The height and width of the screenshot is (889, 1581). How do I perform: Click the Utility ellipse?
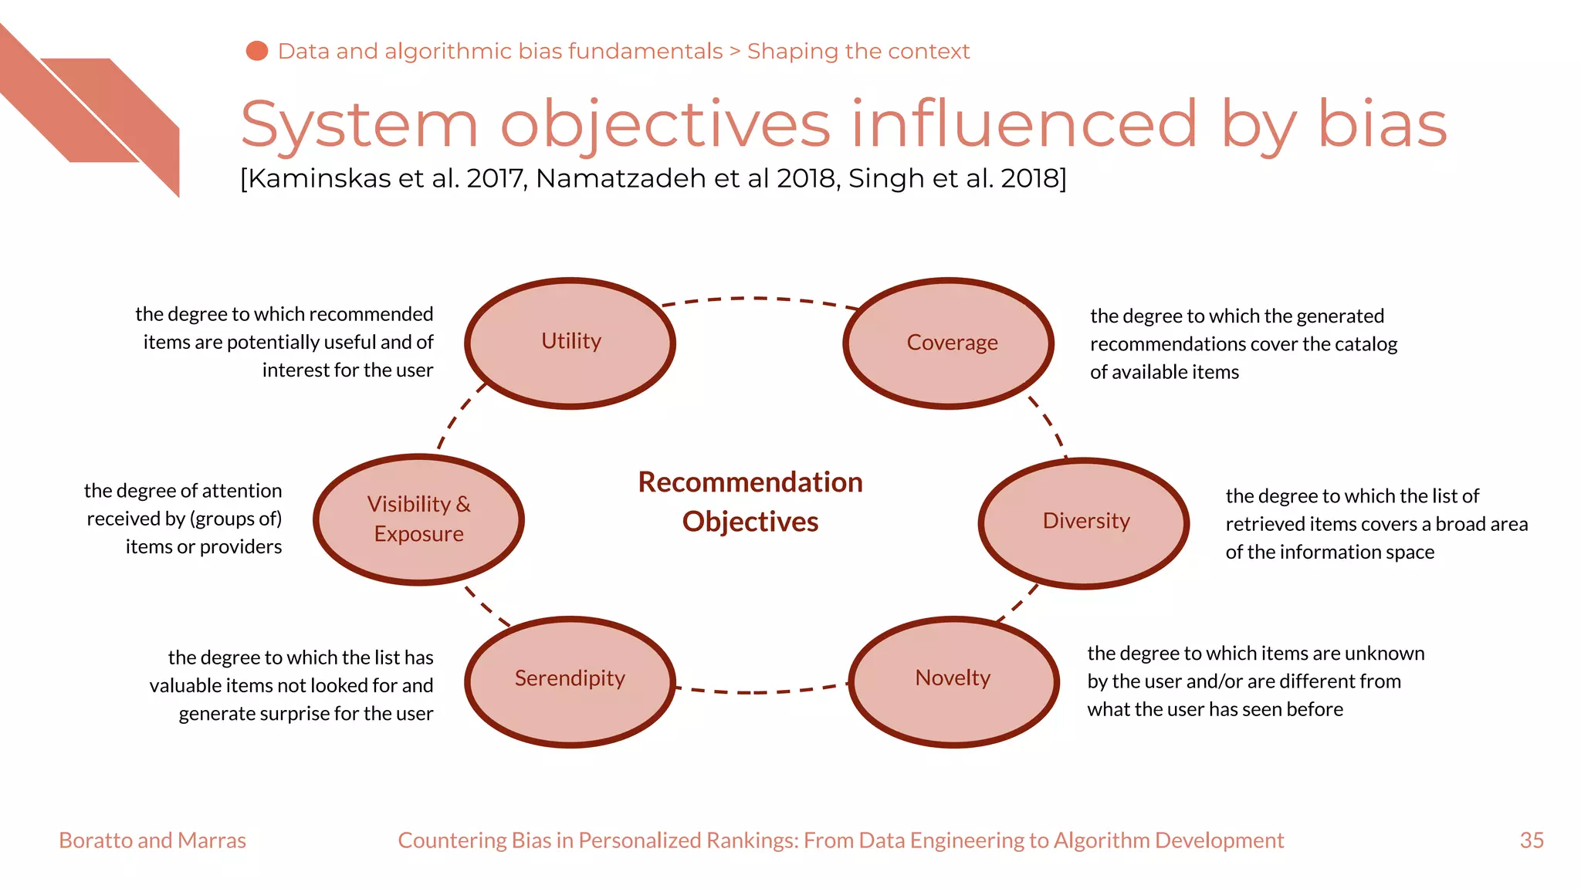[x=570, y=343]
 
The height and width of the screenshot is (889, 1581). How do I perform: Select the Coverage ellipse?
[x=949, y=343]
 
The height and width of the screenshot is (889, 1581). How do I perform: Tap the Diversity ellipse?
[x=1084, y=522]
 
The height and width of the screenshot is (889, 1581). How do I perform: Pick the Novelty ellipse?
[x=953, y=681]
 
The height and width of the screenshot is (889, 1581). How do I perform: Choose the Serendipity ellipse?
[x=570, y=681]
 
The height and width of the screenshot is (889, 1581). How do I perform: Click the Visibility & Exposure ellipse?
[x=418, y=519]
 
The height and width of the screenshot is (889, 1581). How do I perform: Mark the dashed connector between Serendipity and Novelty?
[x=760, y=691]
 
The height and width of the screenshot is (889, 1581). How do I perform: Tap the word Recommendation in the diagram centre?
[x=750, y=482]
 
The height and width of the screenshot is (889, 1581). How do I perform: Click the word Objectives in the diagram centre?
[x=750, y=522]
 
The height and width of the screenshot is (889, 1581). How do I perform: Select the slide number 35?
[x=1532, y=840]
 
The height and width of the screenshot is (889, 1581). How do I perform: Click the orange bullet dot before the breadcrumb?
[x=256, y=51]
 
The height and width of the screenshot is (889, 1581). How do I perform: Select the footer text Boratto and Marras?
[x=152, y=840]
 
